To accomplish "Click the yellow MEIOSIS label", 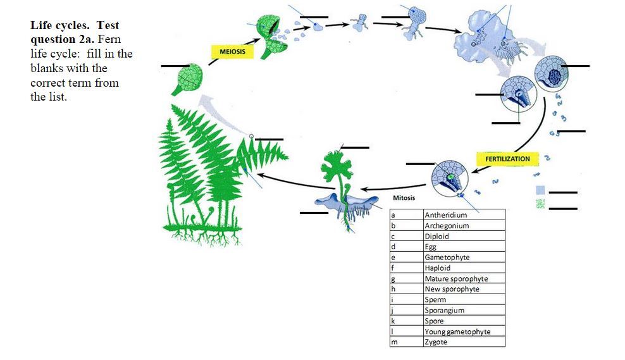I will pos(232,51).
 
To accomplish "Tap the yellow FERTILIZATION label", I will pos(507,158).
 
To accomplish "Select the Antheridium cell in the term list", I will pos(464,215).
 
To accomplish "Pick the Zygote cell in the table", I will pos(464,342).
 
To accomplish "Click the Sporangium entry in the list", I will pos(464,310).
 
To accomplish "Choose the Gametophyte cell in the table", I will pos(464,258).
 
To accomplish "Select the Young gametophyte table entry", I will pos(464,332).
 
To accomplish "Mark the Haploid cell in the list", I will pos(464,268).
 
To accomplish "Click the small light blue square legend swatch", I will pos(540,190).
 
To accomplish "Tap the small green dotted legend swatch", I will pos(540,204).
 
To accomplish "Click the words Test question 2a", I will pos(75,32).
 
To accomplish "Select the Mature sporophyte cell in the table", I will pos(464,278).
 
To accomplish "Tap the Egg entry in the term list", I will pos(464,247).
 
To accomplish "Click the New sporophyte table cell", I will pos(464,289).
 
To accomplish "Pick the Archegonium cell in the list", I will pos(464,226).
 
